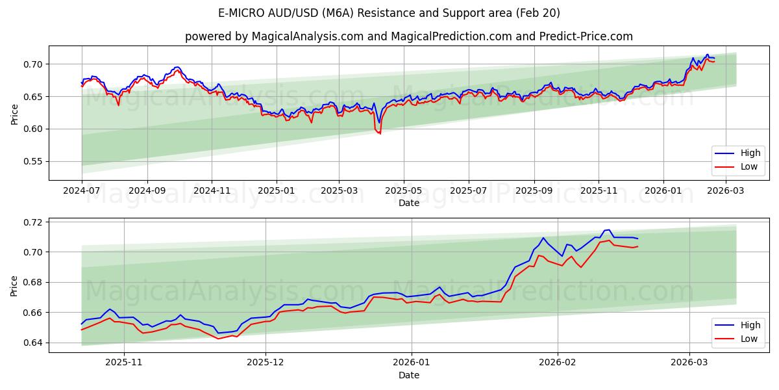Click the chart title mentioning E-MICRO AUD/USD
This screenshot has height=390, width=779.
(389, 13)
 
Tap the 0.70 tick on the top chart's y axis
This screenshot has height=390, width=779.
(32, 64)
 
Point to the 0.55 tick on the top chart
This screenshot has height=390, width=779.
(32, 162)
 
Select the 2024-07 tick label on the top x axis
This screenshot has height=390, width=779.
(82, 191)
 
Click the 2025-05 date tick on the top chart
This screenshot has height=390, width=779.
(404, 191)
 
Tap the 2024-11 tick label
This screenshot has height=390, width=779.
(212, 191)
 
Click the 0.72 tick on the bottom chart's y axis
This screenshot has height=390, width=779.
(32, 222)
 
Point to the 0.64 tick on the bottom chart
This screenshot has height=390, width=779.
(32, 343)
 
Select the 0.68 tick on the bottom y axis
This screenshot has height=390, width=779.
(32, 283)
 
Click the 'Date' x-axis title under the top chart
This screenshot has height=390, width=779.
(409, 203)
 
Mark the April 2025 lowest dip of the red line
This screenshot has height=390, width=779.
(380, 133)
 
